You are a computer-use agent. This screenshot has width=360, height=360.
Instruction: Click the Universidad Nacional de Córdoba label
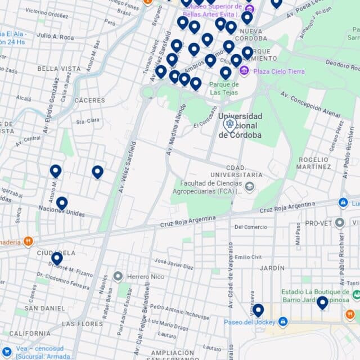pyautogui.click(x=241, y=125)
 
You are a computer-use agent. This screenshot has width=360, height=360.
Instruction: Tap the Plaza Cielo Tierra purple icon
pyautogui.click(x=244, y=71)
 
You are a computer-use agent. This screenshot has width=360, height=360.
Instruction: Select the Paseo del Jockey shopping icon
pyautogui.click(x=283, y=322)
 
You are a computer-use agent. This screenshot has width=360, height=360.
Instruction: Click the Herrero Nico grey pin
pyautogui.click(x=118, y=276)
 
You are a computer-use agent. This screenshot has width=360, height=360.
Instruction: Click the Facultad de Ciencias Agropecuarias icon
pyautogui.click(x=249, y=187)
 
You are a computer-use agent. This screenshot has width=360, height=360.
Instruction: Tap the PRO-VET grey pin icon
pyautogui.click(x=339, y=223)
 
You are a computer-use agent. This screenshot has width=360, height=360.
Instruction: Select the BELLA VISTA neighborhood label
pyautogui.click(x=59, y=69)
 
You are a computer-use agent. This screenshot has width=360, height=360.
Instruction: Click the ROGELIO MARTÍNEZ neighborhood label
pyautogui.click(x=314, y=163)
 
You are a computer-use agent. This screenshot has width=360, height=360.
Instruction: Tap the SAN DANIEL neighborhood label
pyautogui.click(x=44, y=308)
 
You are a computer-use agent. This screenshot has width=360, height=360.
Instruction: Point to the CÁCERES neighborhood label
pyautogui.click(x=89, y=100)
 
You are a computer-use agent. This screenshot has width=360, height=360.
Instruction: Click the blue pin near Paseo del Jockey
pyautogui.click(x=258, y=310)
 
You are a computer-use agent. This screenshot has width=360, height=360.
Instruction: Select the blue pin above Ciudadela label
pyautogui.click(x=57, y=258)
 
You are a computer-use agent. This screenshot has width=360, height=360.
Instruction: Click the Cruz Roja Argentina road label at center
pyautogui.click(x=188, y=221)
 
